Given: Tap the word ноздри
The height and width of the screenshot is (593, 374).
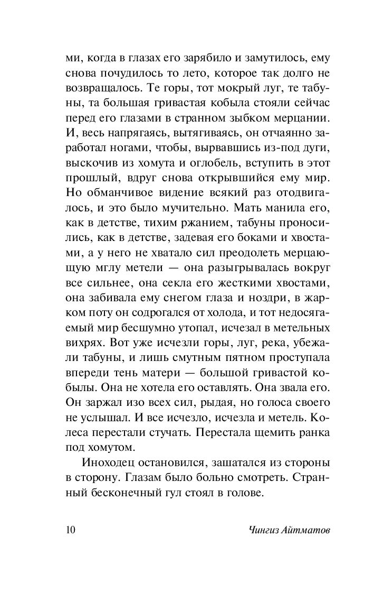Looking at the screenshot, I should [271, 302].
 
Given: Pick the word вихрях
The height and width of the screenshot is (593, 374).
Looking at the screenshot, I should [84, 346].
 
